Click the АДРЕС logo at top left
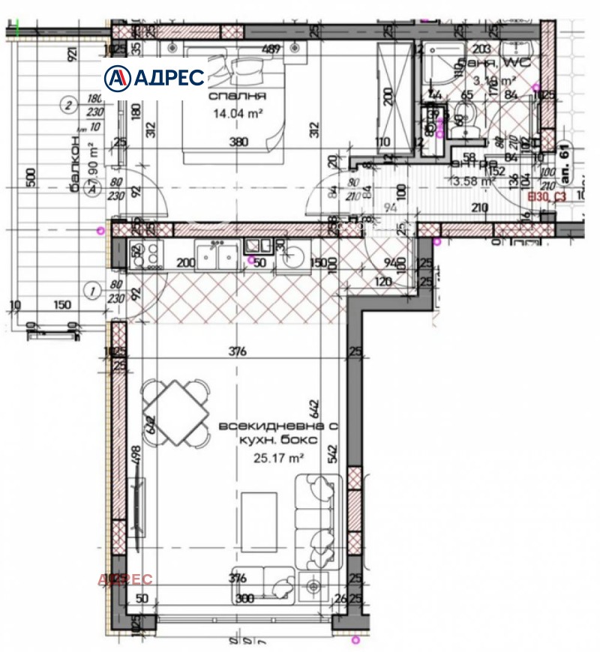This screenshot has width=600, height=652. click(x=154, y=77)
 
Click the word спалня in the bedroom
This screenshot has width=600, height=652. click(x=239, y=97)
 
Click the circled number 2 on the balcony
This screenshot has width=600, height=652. click(x=68, y=105)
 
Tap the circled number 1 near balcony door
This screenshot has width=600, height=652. click(x=91, y=289)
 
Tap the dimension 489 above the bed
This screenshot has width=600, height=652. click(x=271, y=49)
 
